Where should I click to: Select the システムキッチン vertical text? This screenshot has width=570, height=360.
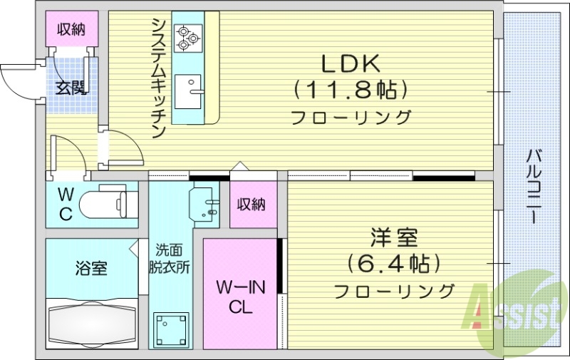(158, 78)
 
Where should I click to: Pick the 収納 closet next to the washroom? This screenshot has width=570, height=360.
(252, 204)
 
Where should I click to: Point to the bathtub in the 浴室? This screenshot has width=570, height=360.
(90, 325)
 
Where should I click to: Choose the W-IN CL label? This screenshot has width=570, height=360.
(241, 297)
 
